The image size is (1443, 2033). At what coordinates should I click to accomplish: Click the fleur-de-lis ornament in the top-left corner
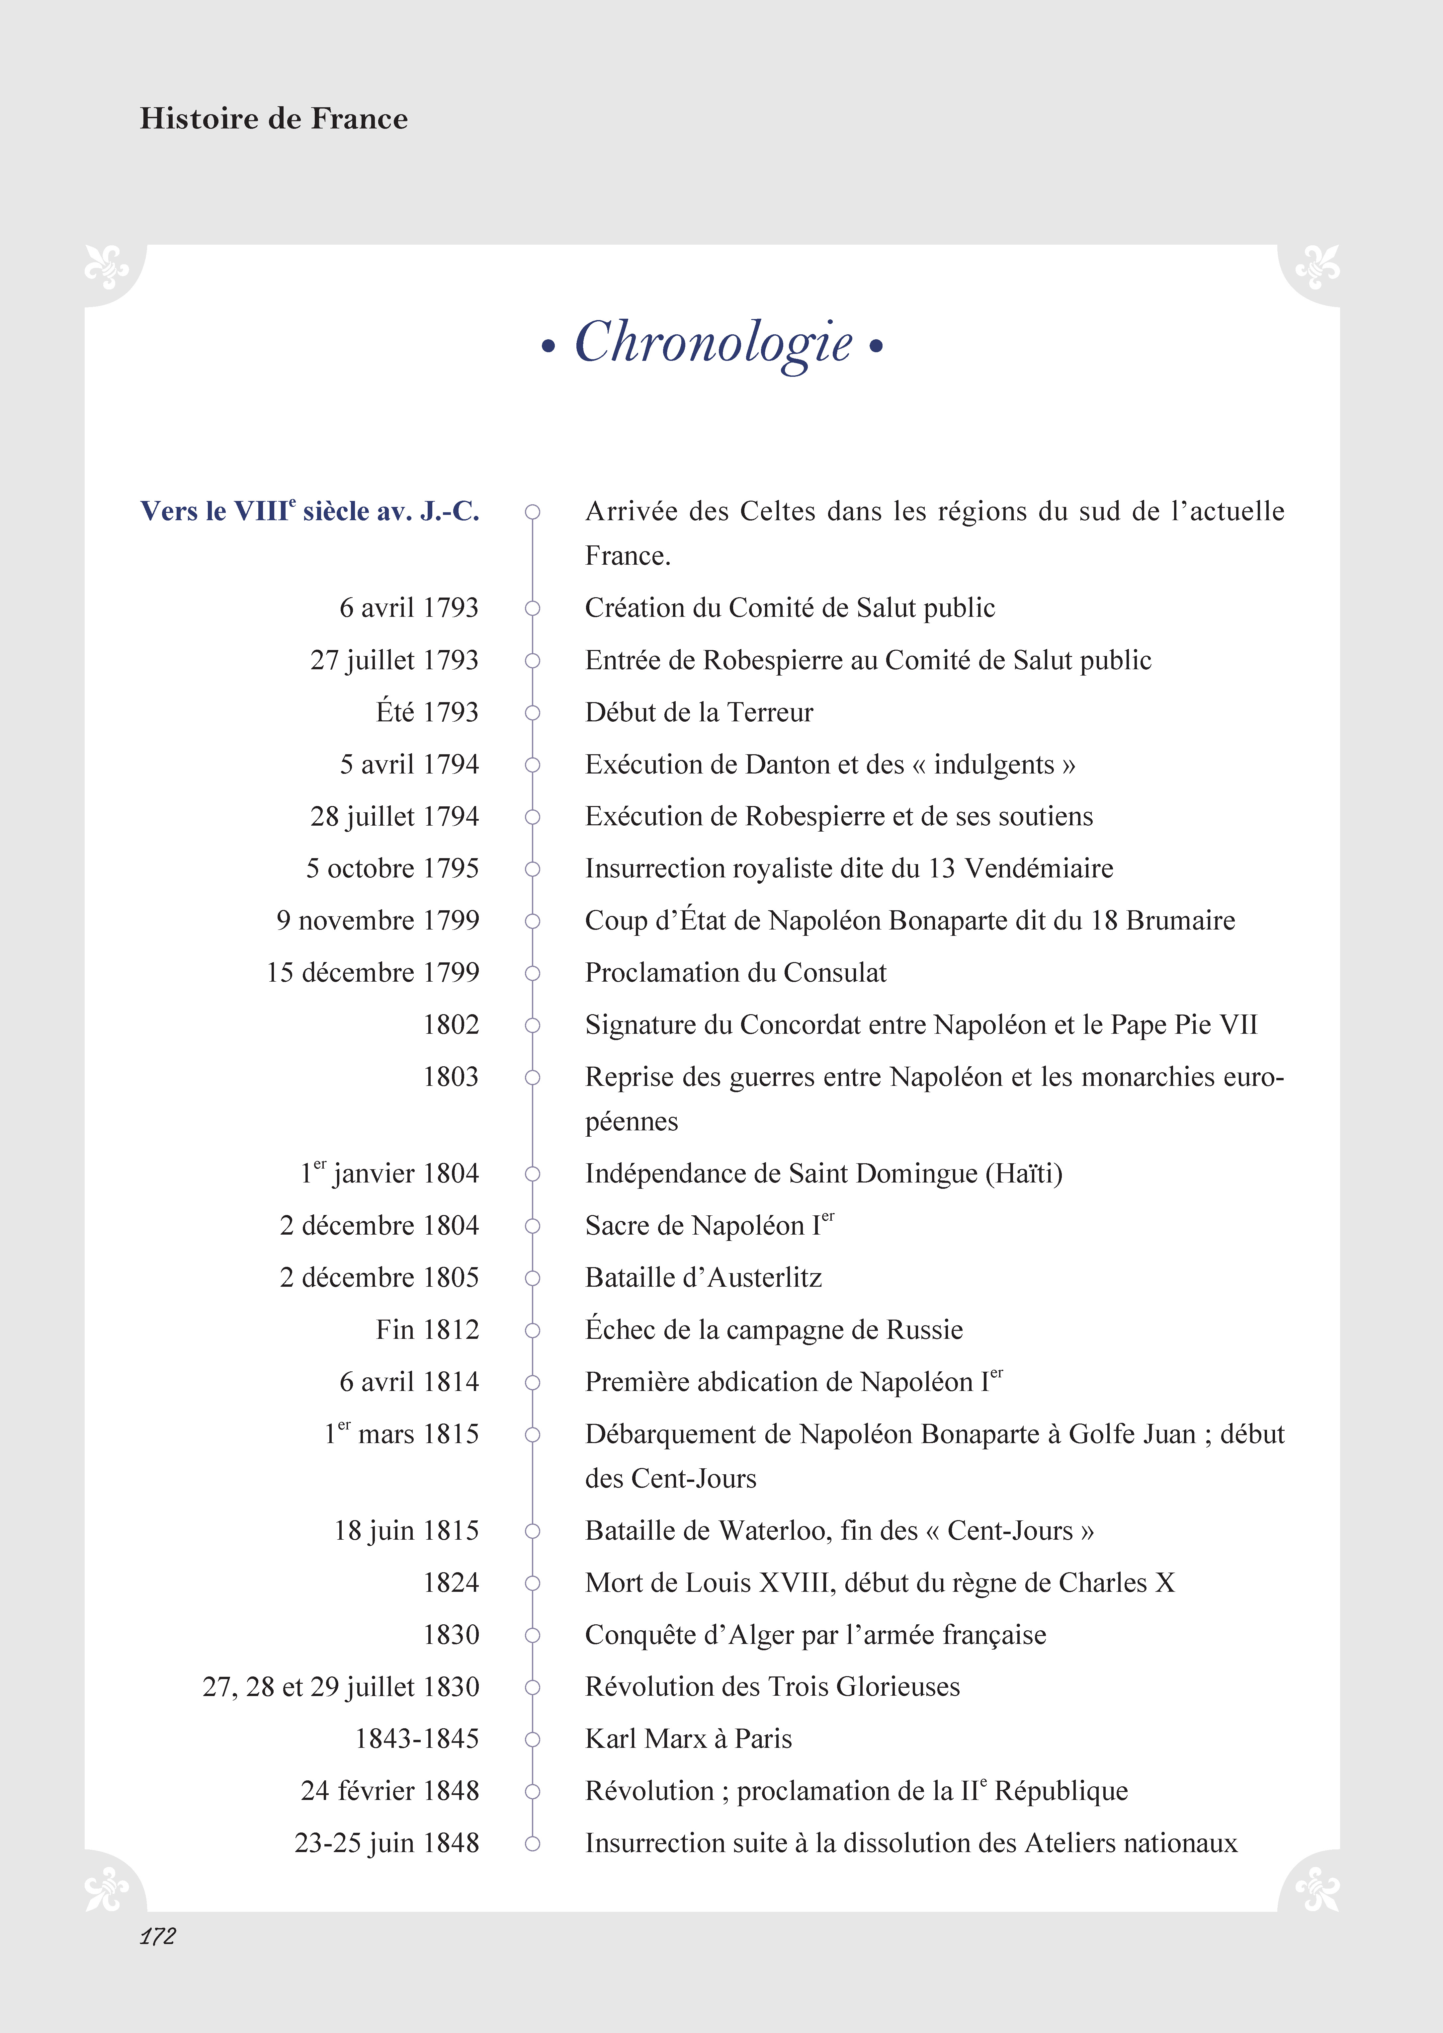(107, 267)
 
